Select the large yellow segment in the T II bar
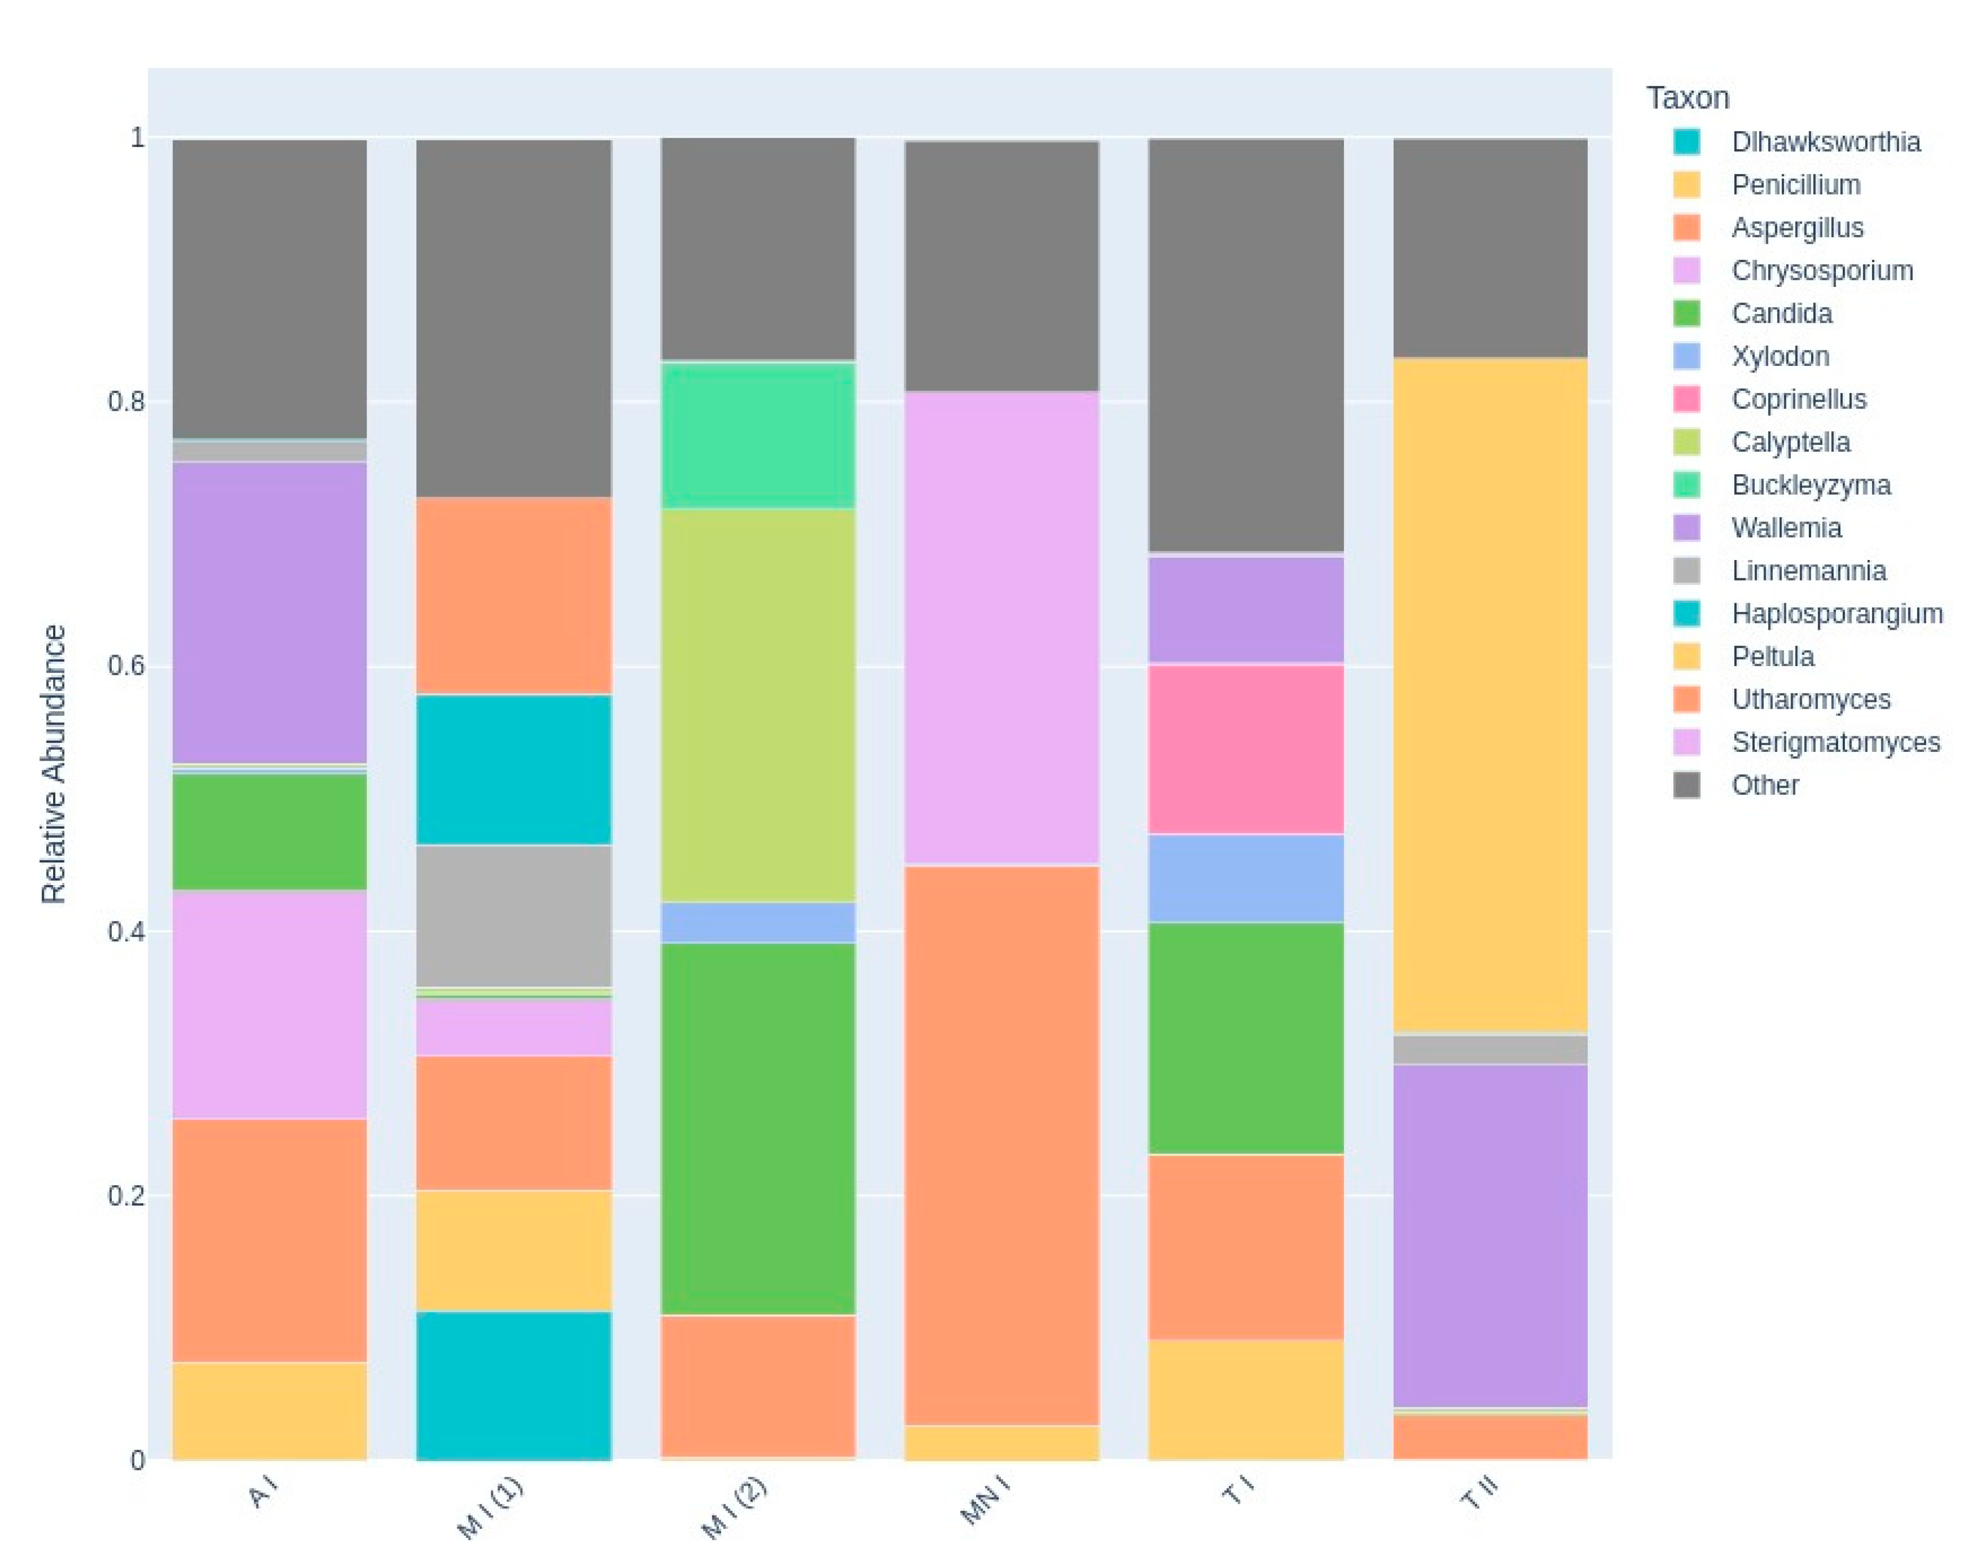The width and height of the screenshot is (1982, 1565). point(1490,694)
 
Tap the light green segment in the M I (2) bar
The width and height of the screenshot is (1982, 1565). point(758,705)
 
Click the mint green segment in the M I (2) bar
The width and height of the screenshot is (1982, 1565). point(758,435)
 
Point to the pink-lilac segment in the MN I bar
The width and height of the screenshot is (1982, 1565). point(1001,627)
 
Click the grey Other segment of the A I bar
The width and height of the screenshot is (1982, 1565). point(269,289)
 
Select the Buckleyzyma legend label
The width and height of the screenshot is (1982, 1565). point(1809,485)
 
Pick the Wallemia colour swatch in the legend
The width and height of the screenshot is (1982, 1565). point(1686,528)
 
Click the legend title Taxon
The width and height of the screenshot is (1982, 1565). point(1687,97)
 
